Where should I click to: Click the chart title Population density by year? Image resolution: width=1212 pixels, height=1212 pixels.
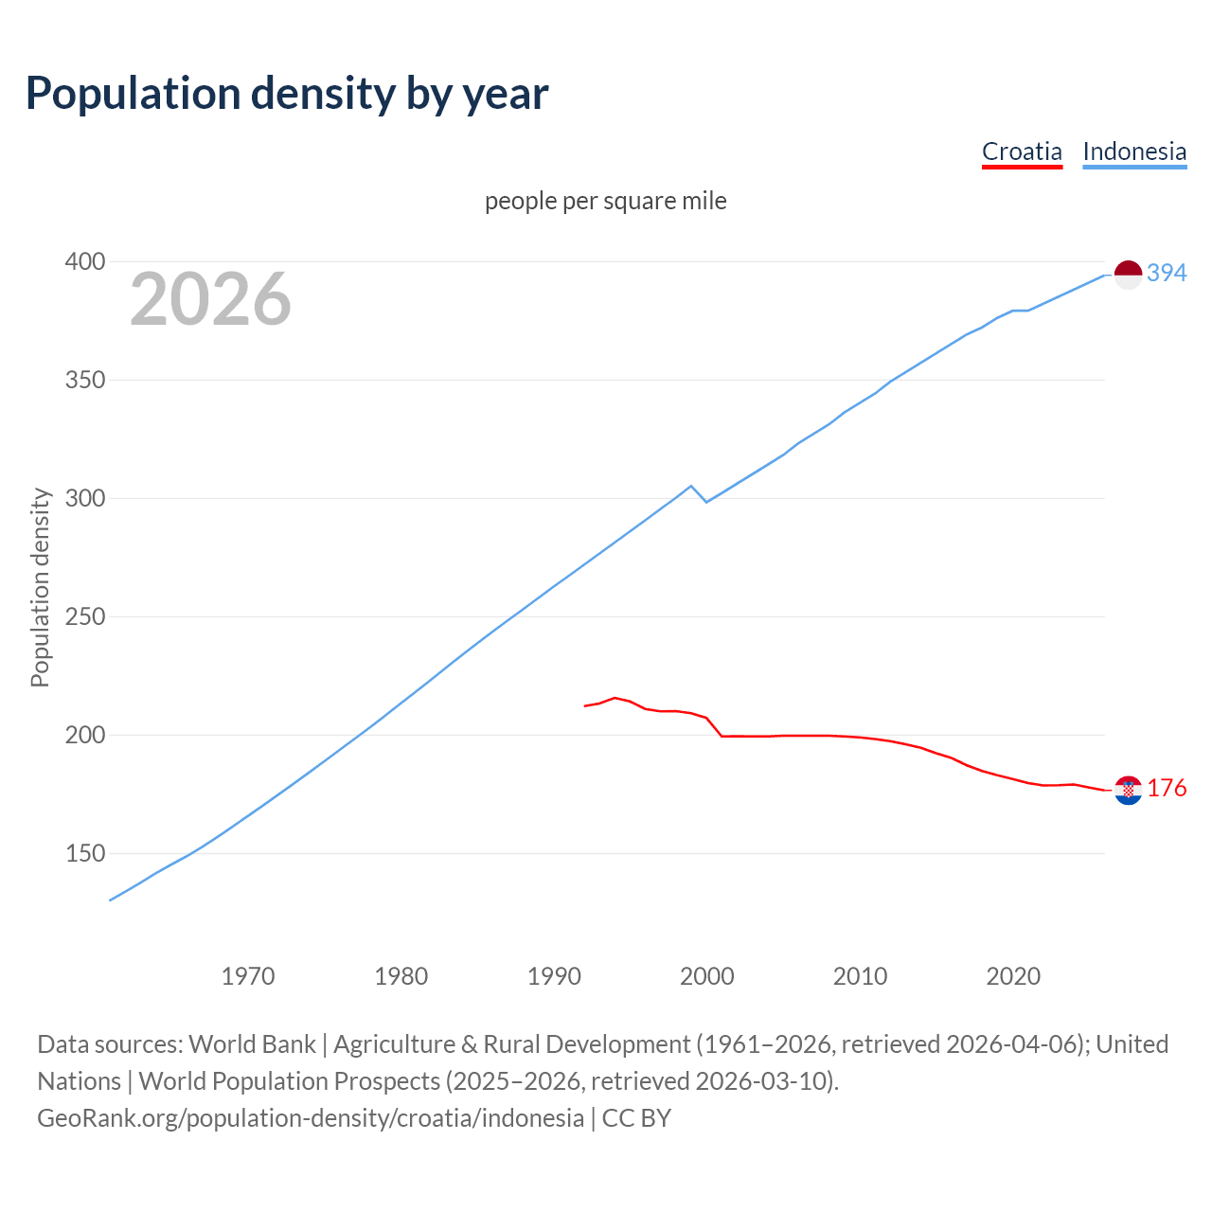[x=287, y=94]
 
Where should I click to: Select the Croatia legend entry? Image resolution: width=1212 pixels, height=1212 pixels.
[x=1022, y=151]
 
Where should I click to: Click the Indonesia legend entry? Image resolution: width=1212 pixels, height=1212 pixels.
[x=1133, y=151]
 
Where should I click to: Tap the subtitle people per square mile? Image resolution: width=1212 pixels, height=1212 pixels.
[x=605, y=201]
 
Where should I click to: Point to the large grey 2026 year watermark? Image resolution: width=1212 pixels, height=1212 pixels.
[x=210, y=299]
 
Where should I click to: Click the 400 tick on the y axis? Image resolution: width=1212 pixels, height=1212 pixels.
[x=84, y=261]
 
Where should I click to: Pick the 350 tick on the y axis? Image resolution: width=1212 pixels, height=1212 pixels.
[x=84, y=380]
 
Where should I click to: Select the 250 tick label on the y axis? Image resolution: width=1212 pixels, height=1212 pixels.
[x=84, y=616]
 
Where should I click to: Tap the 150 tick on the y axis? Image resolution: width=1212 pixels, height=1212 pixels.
[x=84, y=853]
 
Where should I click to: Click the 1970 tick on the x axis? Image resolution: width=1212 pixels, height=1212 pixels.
[x=248, y=975]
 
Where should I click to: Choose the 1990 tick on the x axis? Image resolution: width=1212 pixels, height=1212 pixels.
[x=554, y=975]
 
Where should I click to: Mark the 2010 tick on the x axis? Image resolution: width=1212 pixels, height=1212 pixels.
[x=860, y=975]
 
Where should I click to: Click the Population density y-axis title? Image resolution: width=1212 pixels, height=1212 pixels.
[x=40, y=587]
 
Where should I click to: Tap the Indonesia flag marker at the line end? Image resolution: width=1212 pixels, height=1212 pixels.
[x=1128, y=275]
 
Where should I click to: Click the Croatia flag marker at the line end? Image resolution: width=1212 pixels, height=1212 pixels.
[x=1128, y=790]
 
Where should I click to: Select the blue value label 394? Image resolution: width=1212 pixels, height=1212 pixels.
[x=1167, y=273]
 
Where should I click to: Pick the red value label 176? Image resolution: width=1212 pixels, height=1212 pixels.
[x=1167, y=788]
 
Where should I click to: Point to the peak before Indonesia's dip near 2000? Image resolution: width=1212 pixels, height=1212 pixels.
[x=691, y=486]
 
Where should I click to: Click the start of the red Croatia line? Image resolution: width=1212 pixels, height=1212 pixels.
[x=585, y=705]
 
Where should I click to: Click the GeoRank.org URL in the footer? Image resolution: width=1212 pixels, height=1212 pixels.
[x=311, y=1117]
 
